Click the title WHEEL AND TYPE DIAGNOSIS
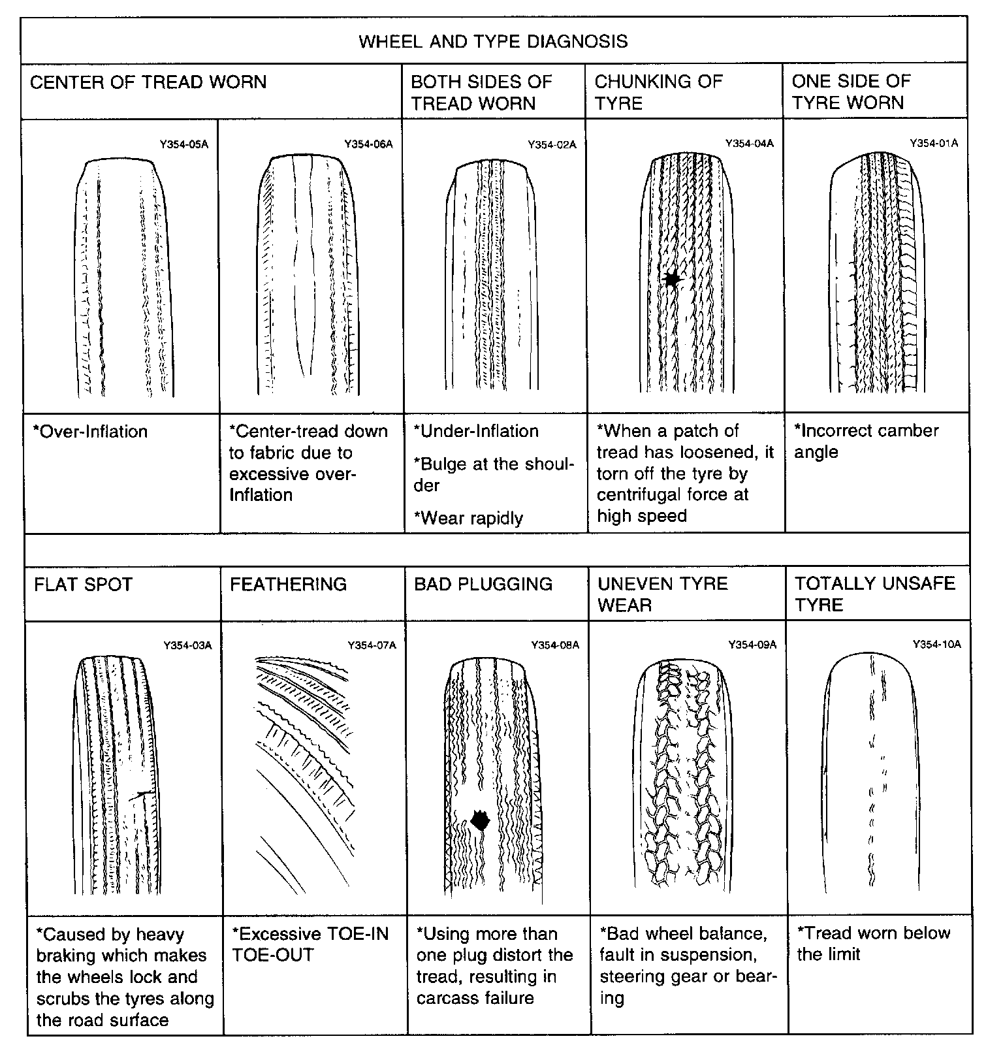click(493, 41)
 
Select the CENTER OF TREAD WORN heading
click(148, 82)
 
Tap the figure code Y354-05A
click(184, 144)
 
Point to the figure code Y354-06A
click(368, 144)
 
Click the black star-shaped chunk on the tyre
click(671, 280)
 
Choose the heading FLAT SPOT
click(83, 584)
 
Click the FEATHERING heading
click(288, 584)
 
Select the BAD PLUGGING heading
click(483, 584)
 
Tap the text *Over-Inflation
click(90, 432)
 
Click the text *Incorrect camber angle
click(866, 442)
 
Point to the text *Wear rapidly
click(469, 519)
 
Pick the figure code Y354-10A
click(936, 645)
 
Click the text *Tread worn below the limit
click(872, 943)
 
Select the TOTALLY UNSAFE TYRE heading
click(874, 594)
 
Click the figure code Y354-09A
click(752, 645)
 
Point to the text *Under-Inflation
click(477, 431)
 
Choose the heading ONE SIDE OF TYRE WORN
click(851, 92)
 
